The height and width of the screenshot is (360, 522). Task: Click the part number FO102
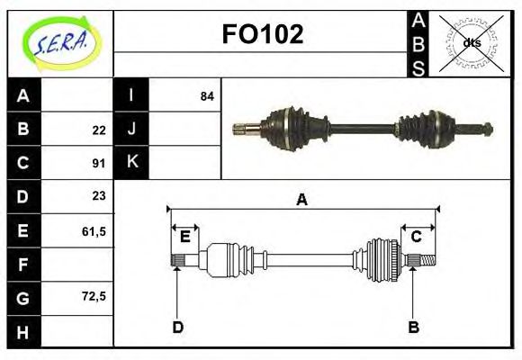[x=262, y=34]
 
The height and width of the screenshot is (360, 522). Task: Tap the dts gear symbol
[x=471, y=42]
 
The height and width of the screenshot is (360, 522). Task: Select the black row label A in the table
[x=23, y=95]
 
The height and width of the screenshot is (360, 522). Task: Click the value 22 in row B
[x=99, y=130]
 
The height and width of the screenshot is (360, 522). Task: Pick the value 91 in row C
[x=99, y=163]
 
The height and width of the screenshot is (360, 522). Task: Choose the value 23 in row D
[x=99, y=195]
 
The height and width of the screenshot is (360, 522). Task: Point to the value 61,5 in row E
[x=94, y=231]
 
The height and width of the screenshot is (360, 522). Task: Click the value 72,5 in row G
[x=94, y=295]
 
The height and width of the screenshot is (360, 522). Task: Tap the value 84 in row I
[x=207, y=95]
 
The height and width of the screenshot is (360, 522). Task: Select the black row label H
[x=23, y=332]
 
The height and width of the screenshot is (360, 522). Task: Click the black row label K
[x=131, y=162]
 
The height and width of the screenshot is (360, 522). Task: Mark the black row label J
[x=131, y=129]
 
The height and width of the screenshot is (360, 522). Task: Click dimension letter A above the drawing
[x=302, y=200]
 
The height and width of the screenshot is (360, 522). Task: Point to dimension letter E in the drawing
[x=184, y=237]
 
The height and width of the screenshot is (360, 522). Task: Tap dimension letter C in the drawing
[x=417, y=237]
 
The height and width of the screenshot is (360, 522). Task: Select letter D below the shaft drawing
[x=177, y=327]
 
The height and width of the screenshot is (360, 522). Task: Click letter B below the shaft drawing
[x=413, y=327]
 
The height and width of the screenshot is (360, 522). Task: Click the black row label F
[x=23, y=264]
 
